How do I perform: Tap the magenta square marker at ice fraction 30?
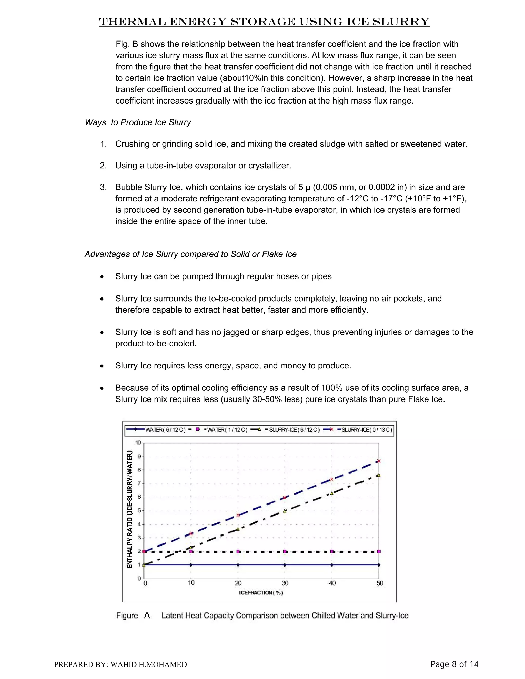285,552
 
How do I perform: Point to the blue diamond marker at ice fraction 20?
238,565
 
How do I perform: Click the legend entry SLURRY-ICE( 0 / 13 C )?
366,430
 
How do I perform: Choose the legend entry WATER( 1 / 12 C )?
227,430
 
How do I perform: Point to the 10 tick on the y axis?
138,443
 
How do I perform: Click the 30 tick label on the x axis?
285,583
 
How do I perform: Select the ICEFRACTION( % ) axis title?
261,593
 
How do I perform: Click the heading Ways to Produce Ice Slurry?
138,122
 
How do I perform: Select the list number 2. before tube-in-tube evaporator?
103,166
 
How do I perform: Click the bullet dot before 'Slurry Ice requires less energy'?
102,366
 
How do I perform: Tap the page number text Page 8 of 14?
454,664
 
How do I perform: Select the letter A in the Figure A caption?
147,615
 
